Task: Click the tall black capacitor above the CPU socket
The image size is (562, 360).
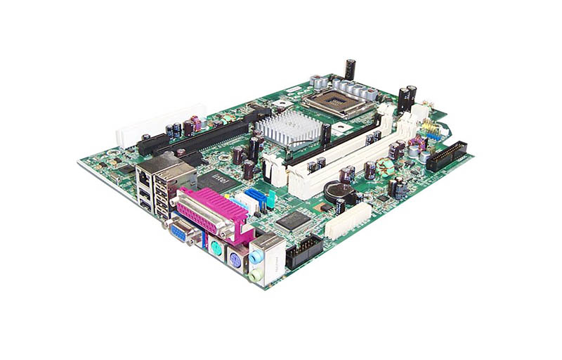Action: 349,69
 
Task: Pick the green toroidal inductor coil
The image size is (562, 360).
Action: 385,168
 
